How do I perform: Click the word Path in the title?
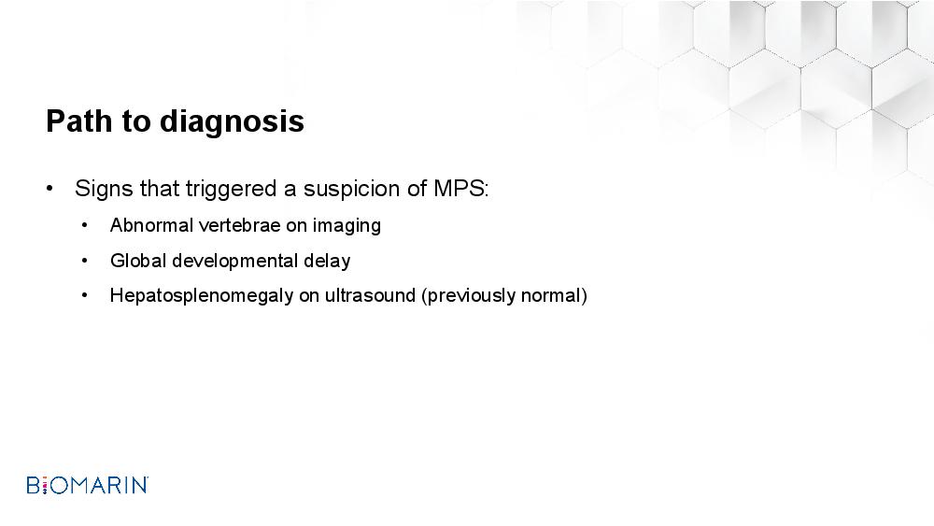click(x=78, y=121)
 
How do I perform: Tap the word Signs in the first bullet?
click(x=104, y=190)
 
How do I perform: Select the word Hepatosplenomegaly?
click(x=202, y=296)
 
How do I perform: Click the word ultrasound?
click(x=370, y=295)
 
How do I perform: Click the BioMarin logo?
click(x=88, y=485)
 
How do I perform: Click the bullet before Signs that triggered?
click(x=50, y=190)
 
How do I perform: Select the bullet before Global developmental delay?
click(x=85, y=261)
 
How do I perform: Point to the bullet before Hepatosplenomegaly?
click(x=85, y=295)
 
